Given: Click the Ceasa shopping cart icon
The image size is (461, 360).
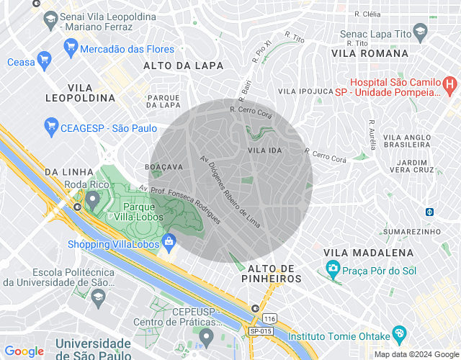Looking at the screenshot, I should pos(45,62).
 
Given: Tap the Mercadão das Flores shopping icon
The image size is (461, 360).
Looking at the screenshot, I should pos(71,49).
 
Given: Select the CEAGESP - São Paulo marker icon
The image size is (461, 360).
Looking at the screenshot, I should pos(51,127).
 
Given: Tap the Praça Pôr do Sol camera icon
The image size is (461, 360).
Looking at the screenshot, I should pos(333,269).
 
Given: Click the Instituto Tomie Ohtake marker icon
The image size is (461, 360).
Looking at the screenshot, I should pos(398,335).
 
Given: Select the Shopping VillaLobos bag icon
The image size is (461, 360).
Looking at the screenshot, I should pos(169,241).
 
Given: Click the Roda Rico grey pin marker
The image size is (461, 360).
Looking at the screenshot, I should pos(91,198).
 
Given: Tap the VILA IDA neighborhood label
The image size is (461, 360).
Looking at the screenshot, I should pos(264,150).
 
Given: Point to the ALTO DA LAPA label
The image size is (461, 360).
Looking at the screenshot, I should pos(183,65).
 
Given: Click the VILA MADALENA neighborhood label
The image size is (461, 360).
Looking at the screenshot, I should pos(369,252).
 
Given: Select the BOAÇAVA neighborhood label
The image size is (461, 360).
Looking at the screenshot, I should pos(164,166).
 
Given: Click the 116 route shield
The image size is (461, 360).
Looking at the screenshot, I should pos(269,318).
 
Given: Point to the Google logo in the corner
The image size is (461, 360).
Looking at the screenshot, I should pos(24,351).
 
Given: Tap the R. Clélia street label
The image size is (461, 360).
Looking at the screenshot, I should pos(367,13).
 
